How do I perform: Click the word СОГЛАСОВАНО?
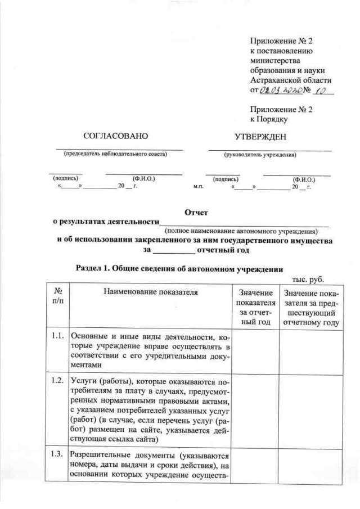click(115, 136)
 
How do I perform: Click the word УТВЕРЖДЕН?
click(260, 136)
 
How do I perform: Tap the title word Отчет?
click(196, 212)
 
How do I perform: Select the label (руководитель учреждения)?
click(260, 154)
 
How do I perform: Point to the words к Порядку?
click(269, 119)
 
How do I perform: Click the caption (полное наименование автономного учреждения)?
click(241, 231)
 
